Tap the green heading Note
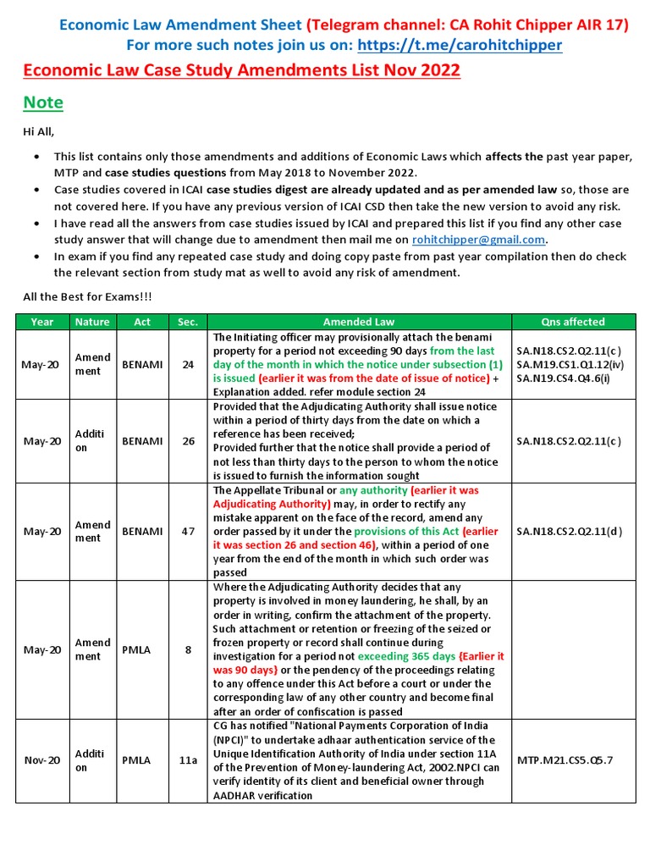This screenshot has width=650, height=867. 43,102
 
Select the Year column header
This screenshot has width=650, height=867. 42,322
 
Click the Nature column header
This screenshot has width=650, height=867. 92,322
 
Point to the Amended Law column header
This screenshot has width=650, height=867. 359,322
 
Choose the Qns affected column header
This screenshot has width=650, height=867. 573,322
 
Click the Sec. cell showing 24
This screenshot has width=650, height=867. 188,365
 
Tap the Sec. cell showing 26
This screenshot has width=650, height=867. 188,441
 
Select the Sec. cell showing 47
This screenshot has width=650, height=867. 188,532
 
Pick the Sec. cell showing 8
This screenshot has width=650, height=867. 188,649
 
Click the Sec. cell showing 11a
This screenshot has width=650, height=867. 188,760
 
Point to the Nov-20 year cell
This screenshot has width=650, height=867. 42,760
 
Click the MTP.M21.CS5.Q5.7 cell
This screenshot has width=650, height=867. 565,760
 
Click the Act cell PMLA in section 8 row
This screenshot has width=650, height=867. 136,649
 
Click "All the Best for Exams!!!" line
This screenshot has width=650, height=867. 85,297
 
